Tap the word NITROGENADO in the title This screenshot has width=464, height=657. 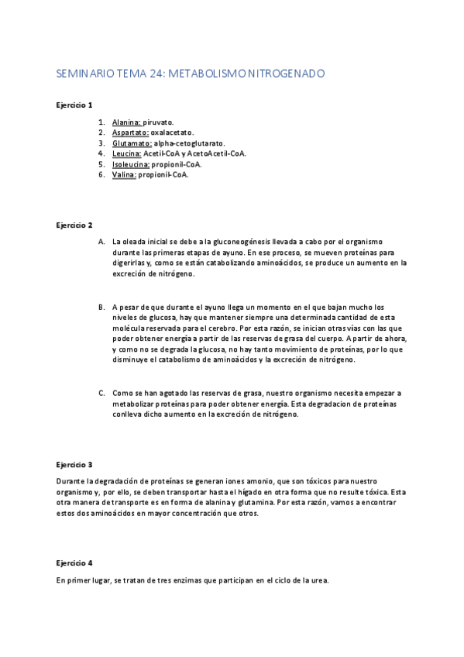coord(285,74)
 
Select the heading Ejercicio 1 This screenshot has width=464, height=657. coord(74,105)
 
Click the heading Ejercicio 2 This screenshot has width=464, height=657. coord(74,225)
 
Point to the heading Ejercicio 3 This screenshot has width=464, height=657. coord(74,465)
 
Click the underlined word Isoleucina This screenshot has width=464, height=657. coord(131,164)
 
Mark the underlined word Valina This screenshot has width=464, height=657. coord(124,174)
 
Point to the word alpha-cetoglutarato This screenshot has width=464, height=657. coord(189,143)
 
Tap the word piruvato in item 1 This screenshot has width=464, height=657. coord(159,122)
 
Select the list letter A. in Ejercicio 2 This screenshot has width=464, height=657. coord(101,242)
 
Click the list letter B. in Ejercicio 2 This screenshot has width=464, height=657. coord(101,307)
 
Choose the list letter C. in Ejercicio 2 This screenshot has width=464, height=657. coord(101,394)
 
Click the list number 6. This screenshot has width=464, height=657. coord(101,174)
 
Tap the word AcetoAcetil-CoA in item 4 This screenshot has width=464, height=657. coord(218,153)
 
